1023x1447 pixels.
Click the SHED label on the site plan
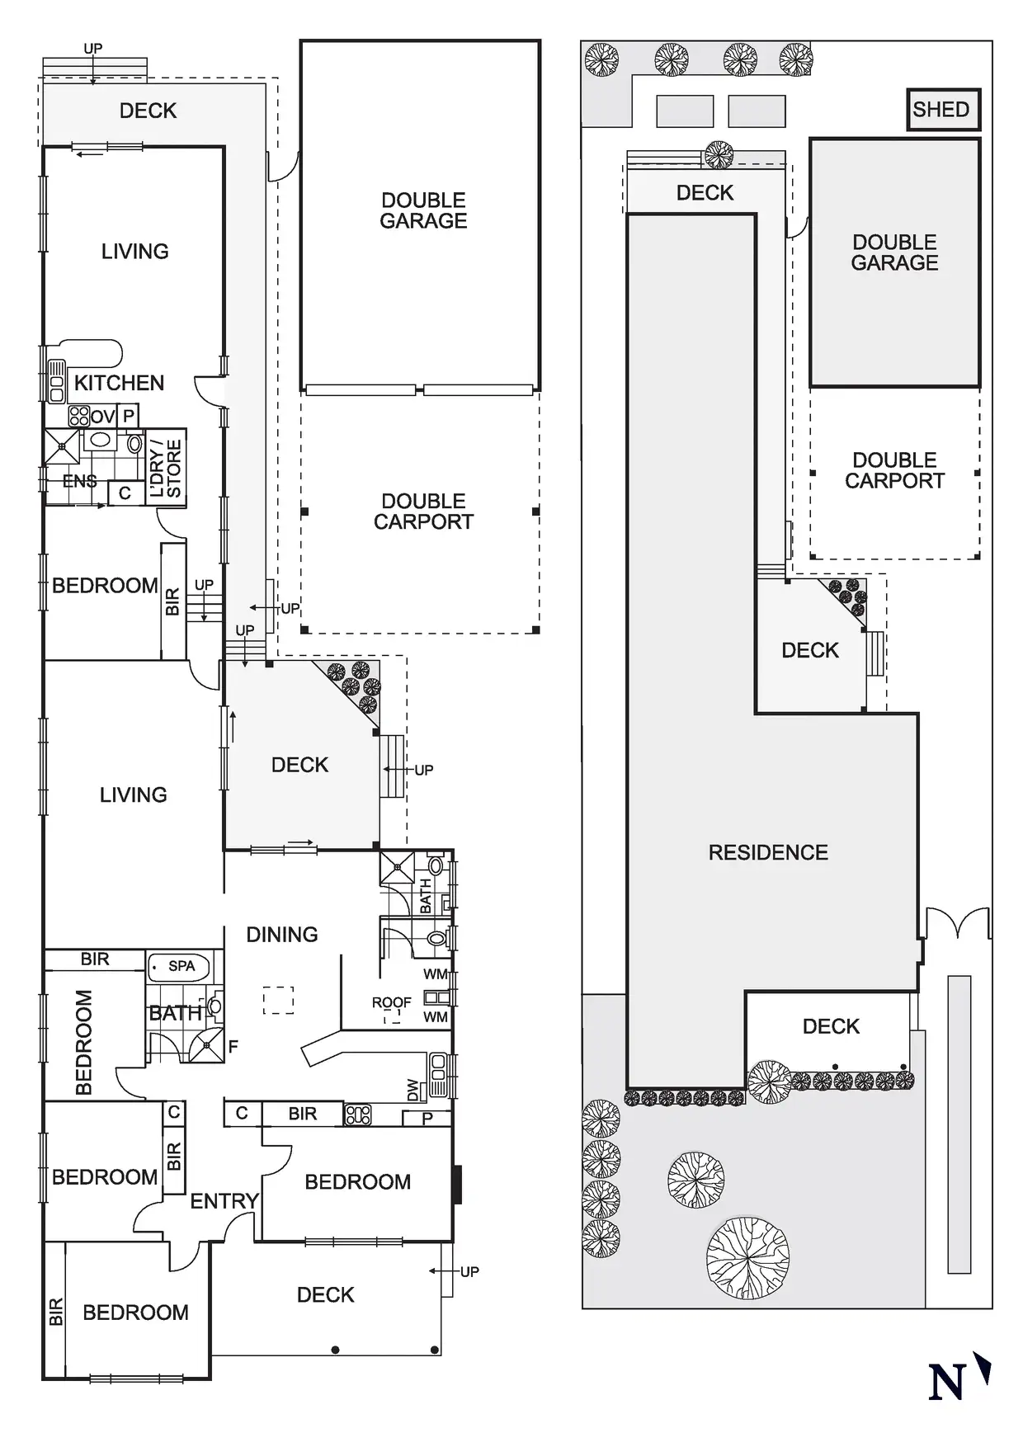[x=940, y=110]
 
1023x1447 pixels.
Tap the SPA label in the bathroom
[x=181, y=966]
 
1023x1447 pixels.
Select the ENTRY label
[x=224, y=1201]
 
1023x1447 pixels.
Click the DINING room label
[x=282, y=935]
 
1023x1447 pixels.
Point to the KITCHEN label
[x=119, y=383]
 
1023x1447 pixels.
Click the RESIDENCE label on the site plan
[x=768, y=852]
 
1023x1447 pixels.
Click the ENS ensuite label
[x=79, y=481]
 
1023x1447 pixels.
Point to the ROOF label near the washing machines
[x=391, y=1002]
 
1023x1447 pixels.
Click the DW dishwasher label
[x=413, y=1091]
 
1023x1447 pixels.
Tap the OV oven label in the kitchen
[x=102, y=417]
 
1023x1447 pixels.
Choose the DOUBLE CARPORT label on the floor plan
[x=423, y=511]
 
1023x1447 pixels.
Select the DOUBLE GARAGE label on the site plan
[x=894, y=252]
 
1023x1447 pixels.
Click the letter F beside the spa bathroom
[x=233, y=1046]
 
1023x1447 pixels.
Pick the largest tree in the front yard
[x=747, y=1259]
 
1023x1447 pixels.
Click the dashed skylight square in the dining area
[x=279, y=1000]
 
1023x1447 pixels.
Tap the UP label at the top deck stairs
[x=93, y=49]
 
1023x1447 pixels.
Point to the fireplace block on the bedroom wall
[x=457, y=1183]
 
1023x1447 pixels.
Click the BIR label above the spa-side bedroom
[x=95, y=959]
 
